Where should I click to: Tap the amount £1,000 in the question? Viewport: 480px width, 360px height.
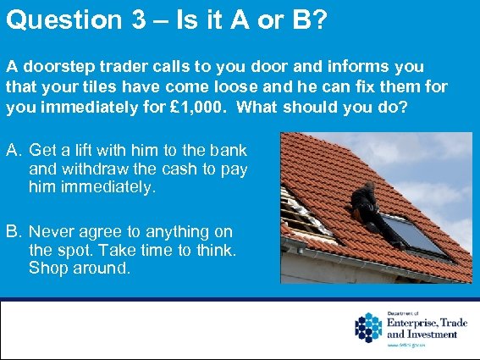point(263,108)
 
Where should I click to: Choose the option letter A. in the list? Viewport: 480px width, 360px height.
point(14,151)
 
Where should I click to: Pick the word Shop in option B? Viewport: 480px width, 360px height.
point(47,269)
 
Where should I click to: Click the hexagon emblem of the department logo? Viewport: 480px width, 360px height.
point(368,328)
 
